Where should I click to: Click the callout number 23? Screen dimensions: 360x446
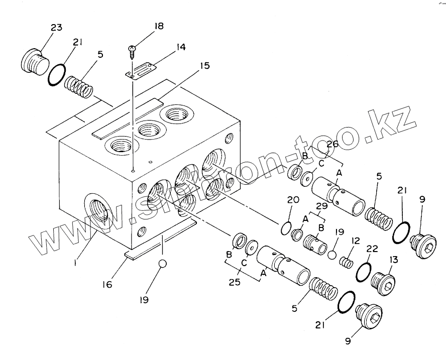(56, 28)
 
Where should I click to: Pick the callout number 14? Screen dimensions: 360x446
(179, 47)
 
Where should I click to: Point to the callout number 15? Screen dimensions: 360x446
(204, 66)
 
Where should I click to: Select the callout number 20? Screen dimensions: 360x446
(293, 200)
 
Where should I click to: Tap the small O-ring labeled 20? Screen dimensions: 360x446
(285, 227)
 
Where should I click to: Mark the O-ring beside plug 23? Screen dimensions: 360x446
(57, 75)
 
